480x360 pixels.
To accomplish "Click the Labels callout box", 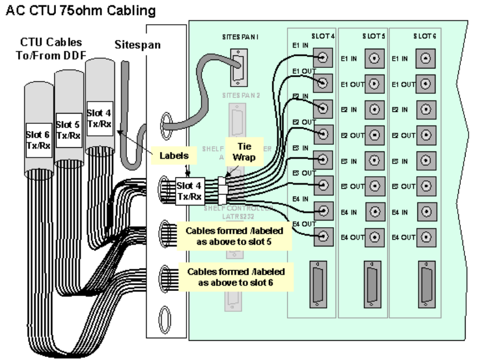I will tap(175, 155).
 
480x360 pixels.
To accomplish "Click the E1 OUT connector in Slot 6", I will tap(425, 84).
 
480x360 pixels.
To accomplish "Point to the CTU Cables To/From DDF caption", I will tap(51, 49).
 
